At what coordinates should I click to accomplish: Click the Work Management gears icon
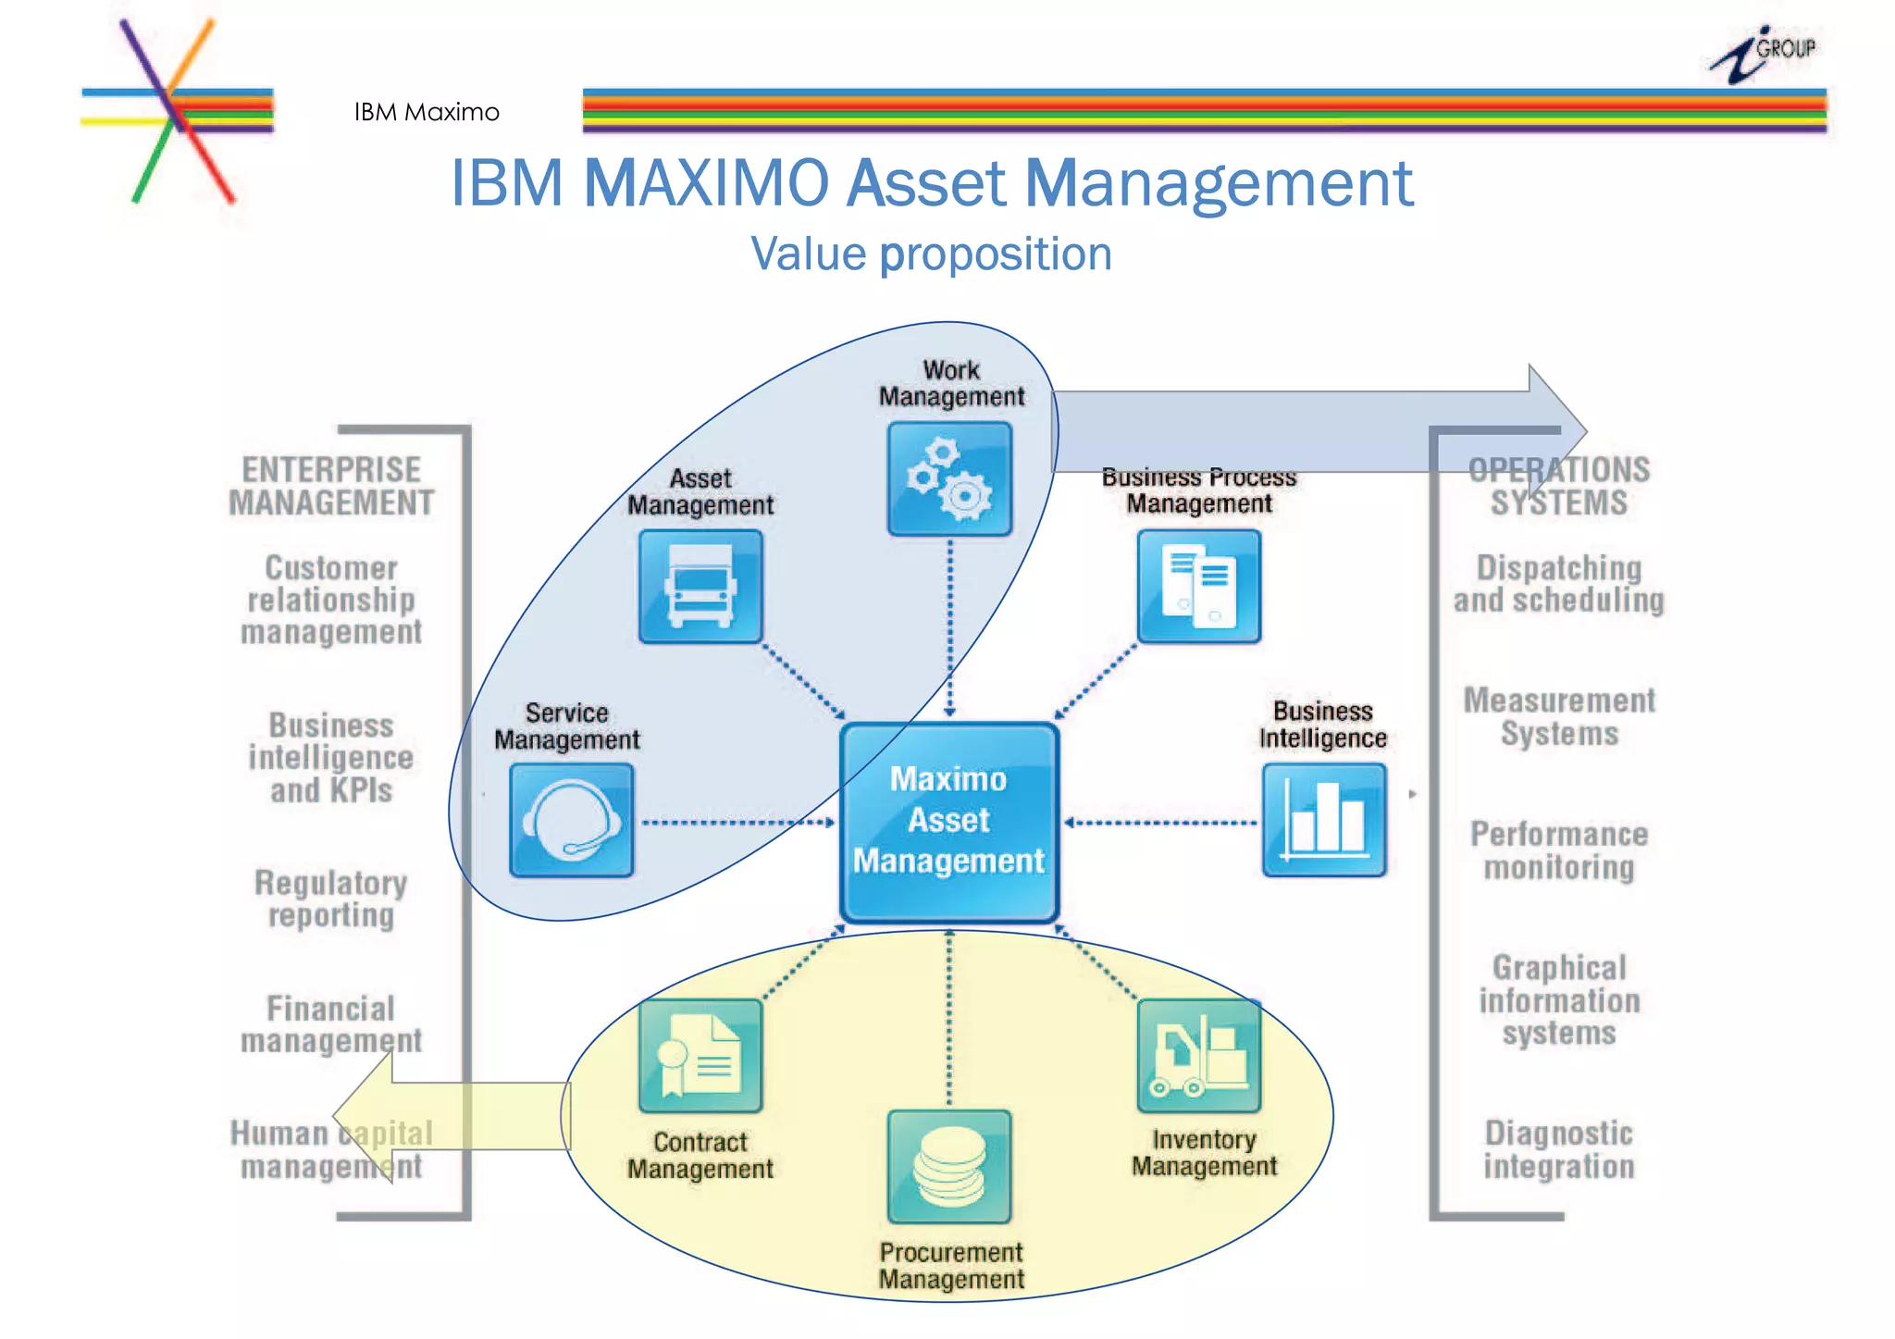coord(949,479)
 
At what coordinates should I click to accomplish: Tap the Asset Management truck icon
coord(700,587)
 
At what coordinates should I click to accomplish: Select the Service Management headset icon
coord(571,820)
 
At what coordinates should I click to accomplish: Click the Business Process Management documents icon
coord(1198,587)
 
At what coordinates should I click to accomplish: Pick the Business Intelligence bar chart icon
coord(1323,820)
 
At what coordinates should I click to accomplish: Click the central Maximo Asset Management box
coord(949,822)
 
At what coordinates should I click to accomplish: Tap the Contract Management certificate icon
coord(700,1056)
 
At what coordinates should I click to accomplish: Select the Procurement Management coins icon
coord(949,1167)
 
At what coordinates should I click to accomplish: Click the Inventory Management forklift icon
coord(1198,1056)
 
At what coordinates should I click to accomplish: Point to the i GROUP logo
coord(1763,54)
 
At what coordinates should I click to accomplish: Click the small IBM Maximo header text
coord(427,112)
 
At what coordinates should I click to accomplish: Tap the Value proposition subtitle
coord(931,254)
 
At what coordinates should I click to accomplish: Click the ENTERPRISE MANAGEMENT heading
coord(331,486)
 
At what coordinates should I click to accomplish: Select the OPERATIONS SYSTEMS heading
coord(1559,486)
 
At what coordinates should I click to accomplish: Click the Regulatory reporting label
coord(331,899)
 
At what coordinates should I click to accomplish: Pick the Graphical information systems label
coord(1559,999)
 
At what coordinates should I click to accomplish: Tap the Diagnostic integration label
coord(1559,1149)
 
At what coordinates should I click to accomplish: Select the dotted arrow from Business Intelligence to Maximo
coord(1161,823)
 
